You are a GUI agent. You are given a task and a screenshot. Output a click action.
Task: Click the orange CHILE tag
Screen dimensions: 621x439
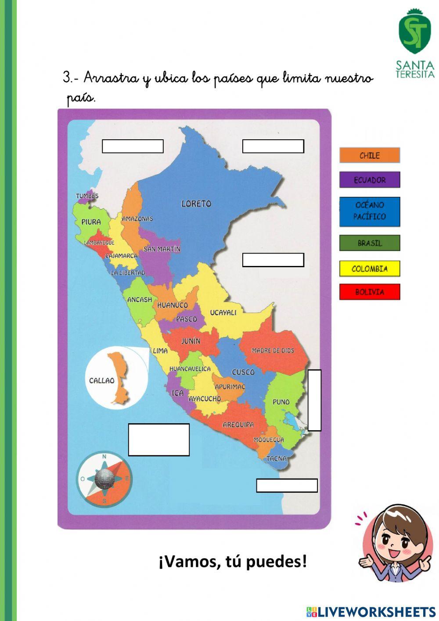pyautogui.click(x=370, y=155)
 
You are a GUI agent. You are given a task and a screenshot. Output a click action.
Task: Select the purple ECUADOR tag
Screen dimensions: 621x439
pyautogui.click(x=370, y=180)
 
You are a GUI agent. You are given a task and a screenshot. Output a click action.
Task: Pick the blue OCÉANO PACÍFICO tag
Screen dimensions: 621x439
pyautogui.click(x=370, y=211)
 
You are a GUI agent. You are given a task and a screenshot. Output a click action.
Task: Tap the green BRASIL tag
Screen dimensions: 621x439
pyautogui.click(x=370, y=243)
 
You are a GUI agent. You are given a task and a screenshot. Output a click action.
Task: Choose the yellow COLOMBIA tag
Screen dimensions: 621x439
pyautogui.click(x=370, y=269)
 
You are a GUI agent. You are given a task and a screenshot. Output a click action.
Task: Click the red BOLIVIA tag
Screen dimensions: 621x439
pyautogui.click(x=370, y=292)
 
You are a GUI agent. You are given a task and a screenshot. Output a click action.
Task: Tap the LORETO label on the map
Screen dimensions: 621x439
pyautogui.click(x=196, y=203)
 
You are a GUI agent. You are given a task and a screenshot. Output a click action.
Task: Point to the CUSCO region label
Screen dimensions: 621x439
pyautogui.click(x=243, y=372)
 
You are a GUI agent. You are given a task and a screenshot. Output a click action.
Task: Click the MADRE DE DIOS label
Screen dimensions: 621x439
pyautogui.click(x=273, y=351)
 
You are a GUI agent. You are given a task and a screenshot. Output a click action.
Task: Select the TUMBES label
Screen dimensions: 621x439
pyautogui.click(x=87, y=196)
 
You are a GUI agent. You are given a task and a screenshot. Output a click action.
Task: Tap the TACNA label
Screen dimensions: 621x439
pyautogui.click(x=276, y=458)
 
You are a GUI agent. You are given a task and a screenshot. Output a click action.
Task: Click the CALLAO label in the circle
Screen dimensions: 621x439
pyautogui.click(x=101, y=381)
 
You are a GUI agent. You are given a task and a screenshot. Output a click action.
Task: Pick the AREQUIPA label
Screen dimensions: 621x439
pyautogui.click(x=238, y=425)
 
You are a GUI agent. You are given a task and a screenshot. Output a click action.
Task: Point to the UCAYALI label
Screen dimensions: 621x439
pyautogui.click(x=223, y=312)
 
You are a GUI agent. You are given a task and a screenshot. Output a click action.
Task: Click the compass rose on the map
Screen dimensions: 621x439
pyautogui.click(x=104, y=479)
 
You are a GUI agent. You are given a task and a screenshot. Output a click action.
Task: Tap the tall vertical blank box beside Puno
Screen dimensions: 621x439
pyautogui.click(x=314, y=400)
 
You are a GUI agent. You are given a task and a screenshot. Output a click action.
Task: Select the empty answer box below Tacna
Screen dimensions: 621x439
pyautogui.click(x=287, y=486)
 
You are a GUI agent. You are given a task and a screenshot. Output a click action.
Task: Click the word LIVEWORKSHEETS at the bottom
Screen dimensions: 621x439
pyautogui.click(x=377, y=611)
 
